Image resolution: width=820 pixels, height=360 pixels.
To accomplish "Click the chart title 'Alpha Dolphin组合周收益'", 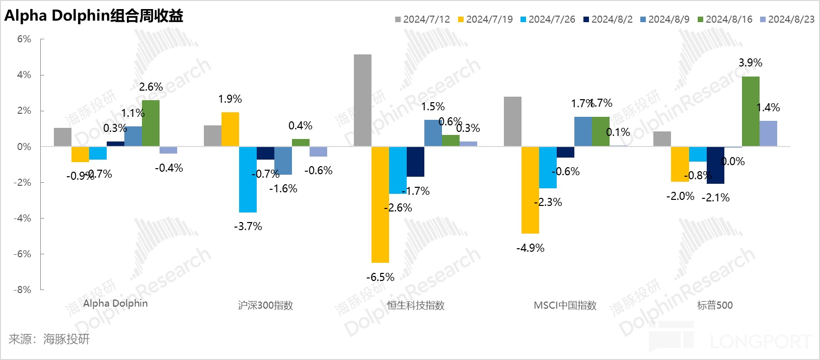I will (x=94, y=16).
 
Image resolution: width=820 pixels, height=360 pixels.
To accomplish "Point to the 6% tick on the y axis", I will (x=24, y=39).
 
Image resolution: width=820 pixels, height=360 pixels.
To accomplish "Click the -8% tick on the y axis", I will (x=22, y=290).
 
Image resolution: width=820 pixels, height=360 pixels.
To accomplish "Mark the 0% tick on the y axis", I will (x=24, y=147).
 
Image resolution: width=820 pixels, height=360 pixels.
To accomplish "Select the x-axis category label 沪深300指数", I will (x=265, y=305).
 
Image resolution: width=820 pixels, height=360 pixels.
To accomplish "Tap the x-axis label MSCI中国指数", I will (x=565, y=305).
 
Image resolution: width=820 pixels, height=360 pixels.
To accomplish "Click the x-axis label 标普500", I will (x=715, y=305).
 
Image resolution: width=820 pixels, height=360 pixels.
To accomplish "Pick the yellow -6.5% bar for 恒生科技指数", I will (x=380, y=204).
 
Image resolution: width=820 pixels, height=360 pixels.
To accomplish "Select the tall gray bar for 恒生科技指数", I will (x=362, y=100).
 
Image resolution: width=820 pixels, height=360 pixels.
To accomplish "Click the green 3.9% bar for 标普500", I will (x=751, y=111).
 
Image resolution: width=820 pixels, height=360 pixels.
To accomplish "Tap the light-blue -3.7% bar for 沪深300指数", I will (x=248, y=179).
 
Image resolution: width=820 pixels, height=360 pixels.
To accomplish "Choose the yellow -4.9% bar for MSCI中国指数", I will (x=530, y=190).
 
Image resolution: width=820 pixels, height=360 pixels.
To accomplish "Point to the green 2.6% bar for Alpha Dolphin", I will (x=151, y=123).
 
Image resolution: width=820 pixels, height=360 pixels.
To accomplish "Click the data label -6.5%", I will (x=380, y=277).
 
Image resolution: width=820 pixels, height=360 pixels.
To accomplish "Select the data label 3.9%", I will (x=750, y=63).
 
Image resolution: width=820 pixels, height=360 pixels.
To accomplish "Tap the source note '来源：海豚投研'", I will (x=49, y=339).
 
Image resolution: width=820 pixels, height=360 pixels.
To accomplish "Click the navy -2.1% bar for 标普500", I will (x=715, y=165).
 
